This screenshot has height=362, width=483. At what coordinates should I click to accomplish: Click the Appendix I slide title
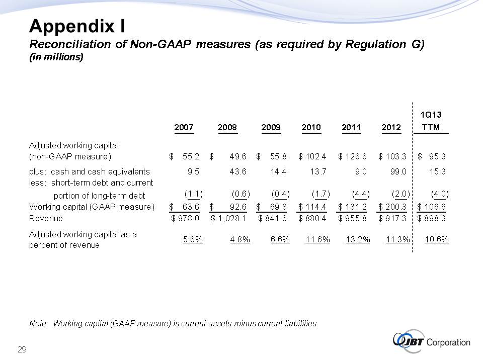pos(77,25)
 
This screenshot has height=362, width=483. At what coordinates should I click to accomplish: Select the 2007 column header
pos(184,128)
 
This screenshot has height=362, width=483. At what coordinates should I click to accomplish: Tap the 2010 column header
pos(311,128)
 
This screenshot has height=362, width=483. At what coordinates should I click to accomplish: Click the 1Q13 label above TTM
pos(431,114)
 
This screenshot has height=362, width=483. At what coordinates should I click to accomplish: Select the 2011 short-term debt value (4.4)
pos(360,194)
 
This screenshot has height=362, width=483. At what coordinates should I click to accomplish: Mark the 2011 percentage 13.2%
pos(358,239)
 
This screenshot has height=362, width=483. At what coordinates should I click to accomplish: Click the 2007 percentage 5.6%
pos(193,239)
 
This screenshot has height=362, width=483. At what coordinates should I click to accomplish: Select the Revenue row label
pos(46,218)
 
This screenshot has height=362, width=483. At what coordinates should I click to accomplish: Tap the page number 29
pos(22,349)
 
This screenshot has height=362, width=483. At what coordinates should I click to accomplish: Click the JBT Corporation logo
pos(431,342)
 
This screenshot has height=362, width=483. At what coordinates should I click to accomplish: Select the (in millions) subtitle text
pos(55,57)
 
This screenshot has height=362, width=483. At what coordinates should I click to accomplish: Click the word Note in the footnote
pos(38,323)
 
